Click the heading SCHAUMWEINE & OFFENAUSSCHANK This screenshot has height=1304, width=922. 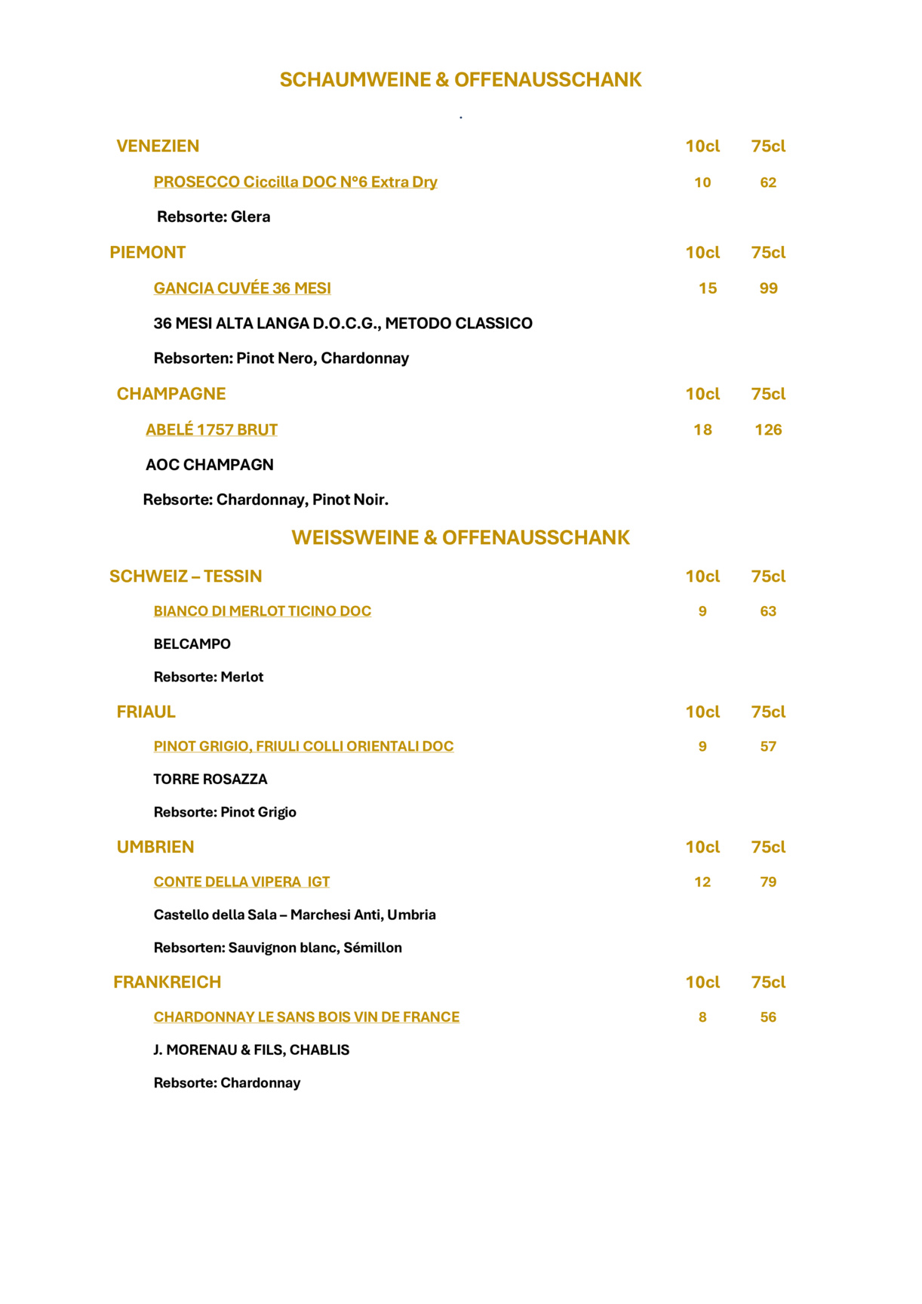(460, 80)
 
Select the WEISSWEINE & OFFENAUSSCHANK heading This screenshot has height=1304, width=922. (460, 537)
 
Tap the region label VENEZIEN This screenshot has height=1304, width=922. (158, 146)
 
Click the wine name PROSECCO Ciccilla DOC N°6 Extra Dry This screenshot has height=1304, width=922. (295, 182)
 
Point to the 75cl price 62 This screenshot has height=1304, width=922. (768, 183)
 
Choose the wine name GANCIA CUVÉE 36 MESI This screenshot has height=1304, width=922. (242, 288)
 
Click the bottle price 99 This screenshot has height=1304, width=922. (768, 288)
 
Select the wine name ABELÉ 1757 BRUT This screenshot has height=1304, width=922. (211, 429)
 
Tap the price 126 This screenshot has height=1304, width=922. (768, 430)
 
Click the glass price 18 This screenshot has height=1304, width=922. (702, 430)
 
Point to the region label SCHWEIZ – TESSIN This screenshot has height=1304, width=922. (186, 577)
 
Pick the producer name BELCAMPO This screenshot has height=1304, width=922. (192, 644)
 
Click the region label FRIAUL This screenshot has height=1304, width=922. (146, 712)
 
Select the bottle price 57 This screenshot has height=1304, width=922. (768, 746)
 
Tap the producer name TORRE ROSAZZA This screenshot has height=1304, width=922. (210, 779)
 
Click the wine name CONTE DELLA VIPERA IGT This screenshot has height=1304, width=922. (241, 881)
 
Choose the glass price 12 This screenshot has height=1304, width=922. (702, 882)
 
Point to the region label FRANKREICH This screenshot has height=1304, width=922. (167, 982)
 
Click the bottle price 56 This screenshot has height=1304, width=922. (768, 1017)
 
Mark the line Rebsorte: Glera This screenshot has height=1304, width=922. (214, 217)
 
